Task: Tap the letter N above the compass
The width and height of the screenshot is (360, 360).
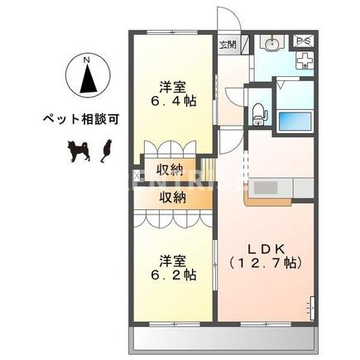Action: point(88,58)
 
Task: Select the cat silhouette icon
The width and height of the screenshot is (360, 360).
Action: point(105,149)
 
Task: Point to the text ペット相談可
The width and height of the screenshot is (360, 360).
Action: point(81,119)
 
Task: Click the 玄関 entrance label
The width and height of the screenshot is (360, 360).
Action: point(228,44)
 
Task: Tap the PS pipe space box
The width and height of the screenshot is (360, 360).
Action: point(304,41)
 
